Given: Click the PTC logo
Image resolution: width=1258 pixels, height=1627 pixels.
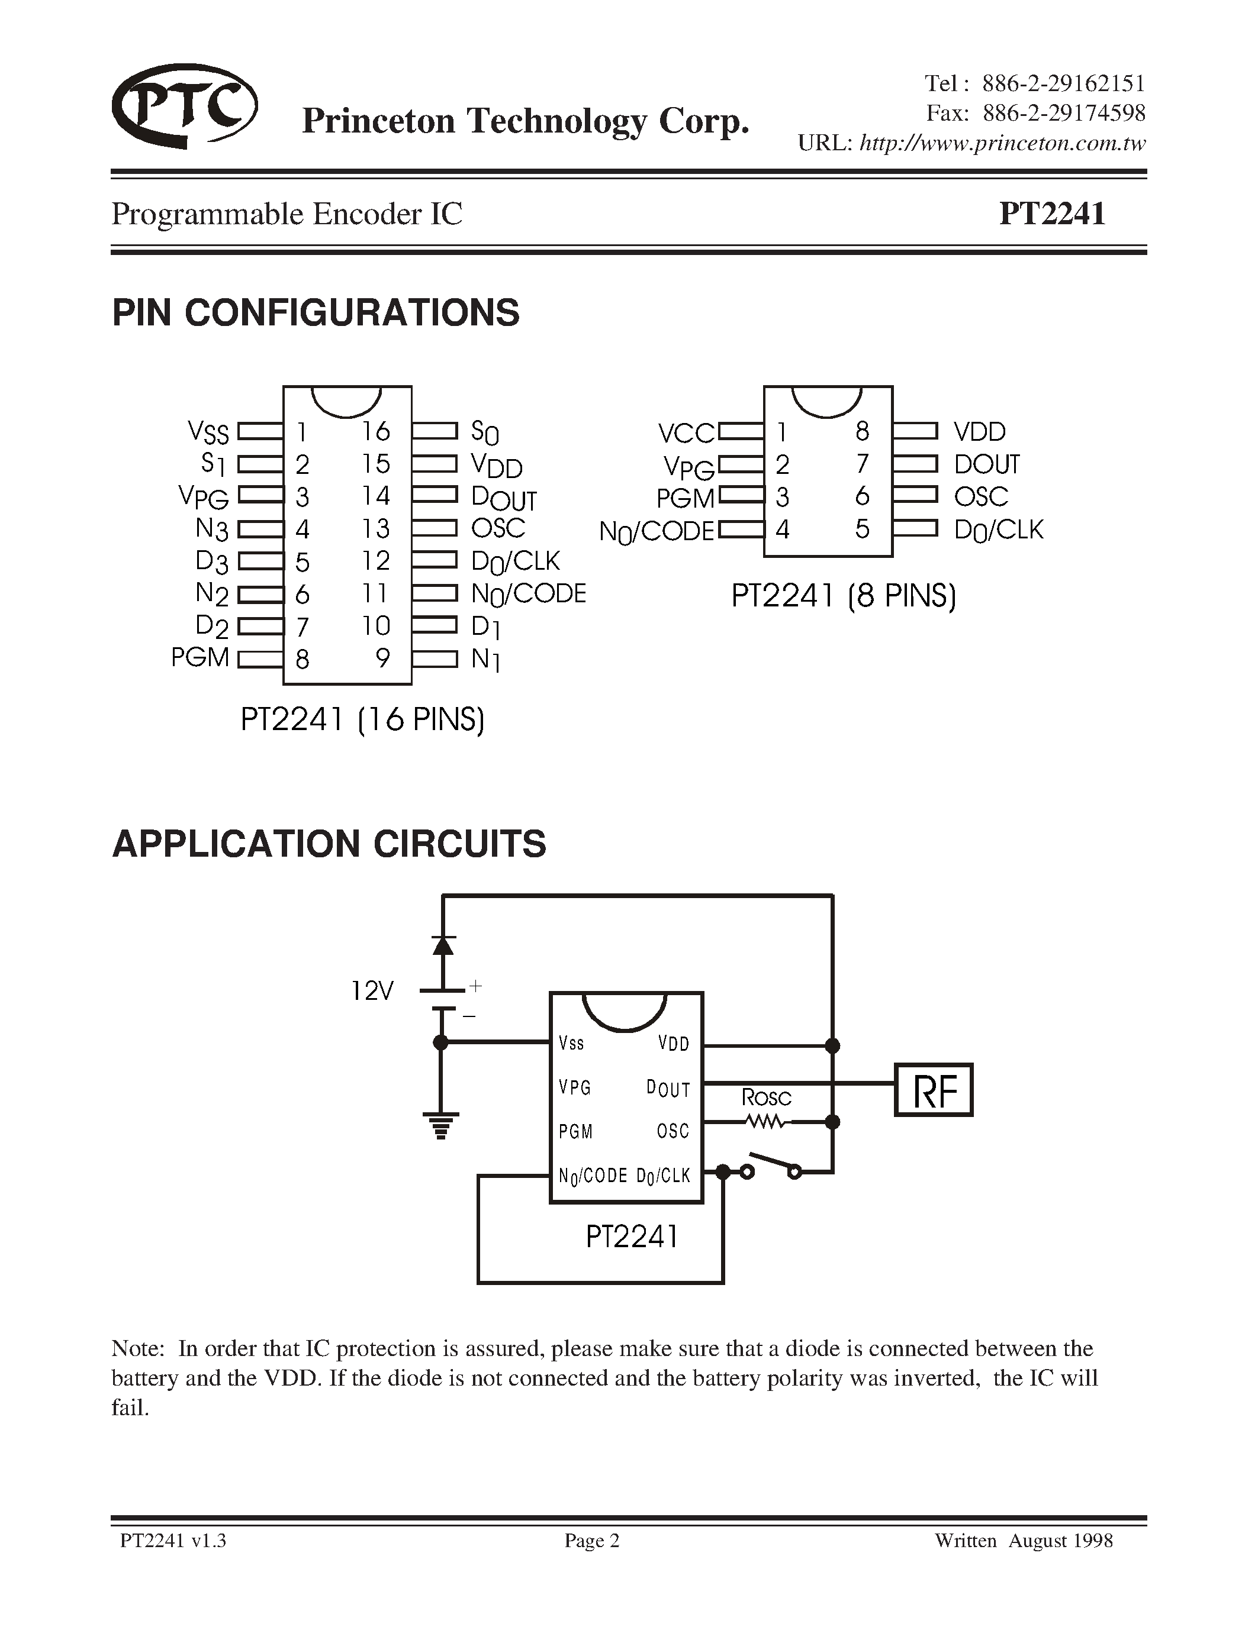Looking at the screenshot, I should point(184,106).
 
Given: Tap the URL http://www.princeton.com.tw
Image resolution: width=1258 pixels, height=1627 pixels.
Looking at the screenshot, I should point(1002,143).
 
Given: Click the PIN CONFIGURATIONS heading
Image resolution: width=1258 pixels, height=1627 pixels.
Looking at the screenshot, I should point(316,312).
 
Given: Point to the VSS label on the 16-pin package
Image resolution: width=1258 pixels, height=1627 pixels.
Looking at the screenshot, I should point(208,431).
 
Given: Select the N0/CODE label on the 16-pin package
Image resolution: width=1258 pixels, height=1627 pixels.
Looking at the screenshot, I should point(529,594).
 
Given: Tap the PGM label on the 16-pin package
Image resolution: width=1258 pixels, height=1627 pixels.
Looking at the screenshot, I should point(200,657).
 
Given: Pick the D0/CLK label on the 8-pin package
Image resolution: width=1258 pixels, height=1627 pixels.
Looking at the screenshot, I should point(999,530).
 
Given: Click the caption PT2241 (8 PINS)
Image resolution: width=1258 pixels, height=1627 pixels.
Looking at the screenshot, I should point(843,596).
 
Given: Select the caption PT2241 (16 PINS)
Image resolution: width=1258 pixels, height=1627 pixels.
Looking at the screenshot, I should point(362,719).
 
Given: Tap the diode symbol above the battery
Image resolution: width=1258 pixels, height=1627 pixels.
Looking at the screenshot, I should point(443,945).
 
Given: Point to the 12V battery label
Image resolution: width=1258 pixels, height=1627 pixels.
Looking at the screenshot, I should point(371,991).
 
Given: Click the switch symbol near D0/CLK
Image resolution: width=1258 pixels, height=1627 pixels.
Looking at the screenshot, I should point(771,1165).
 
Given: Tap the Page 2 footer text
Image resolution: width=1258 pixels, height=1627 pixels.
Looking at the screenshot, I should point(592,1540).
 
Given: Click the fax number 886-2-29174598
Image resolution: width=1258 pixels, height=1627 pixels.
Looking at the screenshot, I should point(1063,113).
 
